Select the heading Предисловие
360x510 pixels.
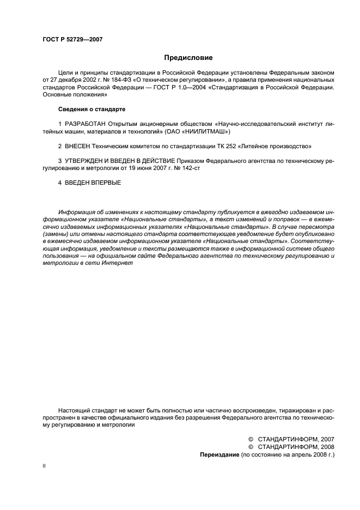[x=188, y=57]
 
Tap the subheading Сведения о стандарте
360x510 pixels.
[x=90, y=109]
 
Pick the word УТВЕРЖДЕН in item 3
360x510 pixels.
[x=83, y=161]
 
